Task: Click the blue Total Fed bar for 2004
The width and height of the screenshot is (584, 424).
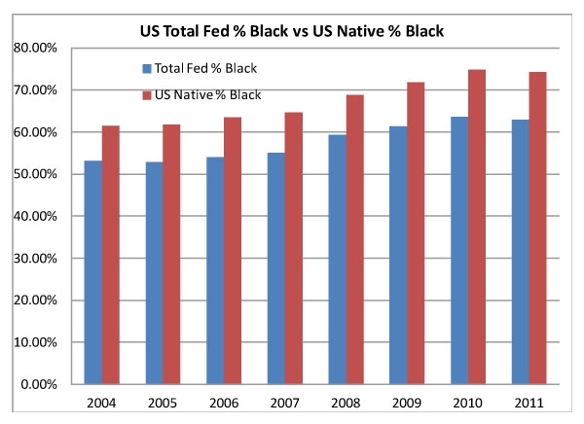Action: (x=92, y=272)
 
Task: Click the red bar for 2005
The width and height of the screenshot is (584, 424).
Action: (x=170, y=254)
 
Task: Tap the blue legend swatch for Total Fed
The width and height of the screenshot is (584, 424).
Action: (x=146, y=69)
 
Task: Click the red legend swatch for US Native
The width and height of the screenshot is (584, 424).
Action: (x=146, y=94)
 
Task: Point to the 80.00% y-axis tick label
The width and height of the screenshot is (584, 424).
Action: (x=36, y=48)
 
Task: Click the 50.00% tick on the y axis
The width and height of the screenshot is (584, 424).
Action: (x=36, y=174)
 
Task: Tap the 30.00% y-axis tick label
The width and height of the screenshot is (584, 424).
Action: (x=36, y=258)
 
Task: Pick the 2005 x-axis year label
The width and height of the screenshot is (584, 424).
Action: (x=162, y=402)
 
